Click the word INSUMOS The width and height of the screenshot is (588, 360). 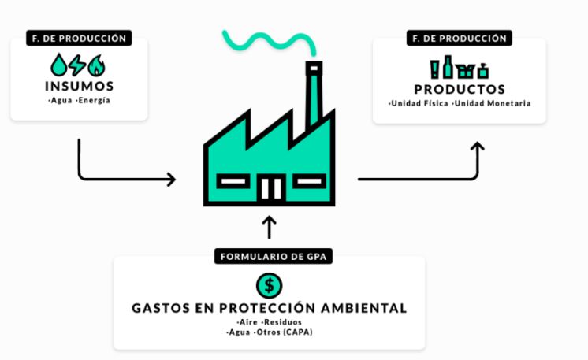click(79, 86)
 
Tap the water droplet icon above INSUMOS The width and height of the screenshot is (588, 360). click(59, 64)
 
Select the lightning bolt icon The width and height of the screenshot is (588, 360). click(78, 64)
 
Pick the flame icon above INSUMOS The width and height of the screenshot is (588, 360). click(96, 64)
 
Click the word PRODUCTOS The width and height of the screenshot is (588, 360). click(460, 89)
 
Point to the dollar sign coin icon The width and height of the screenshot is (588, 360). click(269, 284)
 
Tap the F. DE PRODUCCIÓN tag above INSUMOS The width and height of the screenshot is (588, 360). click(79, 37)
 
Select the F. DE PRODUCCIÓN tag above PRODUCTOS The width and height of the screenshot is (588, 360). click(460, 37)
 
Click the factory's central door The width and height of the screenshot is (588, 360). click(270, 188)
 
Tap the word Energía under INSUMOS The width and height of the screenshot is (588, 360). click(95, 100)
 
